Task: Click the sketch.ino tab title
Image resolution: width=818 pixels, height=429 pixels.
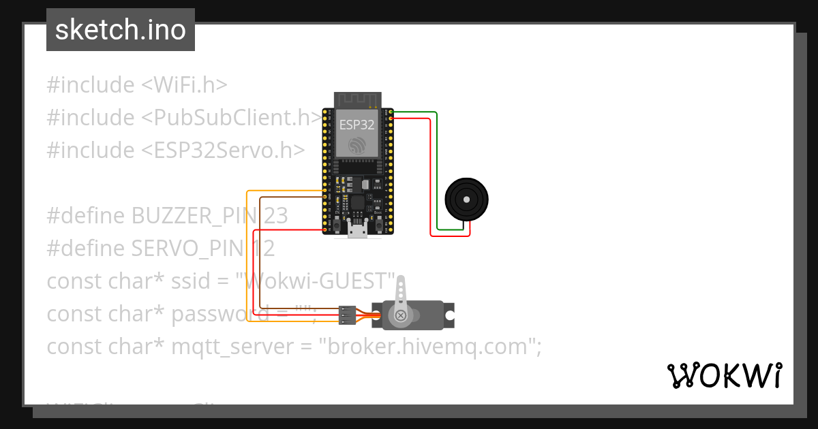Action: (120, 30)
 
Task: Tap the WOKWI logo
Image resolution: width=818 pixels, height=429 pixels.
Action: (724, 375)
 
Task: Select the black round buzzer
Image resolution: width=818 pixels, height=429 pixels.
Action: (466, 200)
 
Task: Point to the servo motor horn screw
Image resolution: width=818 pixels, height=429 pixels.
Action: (400, 315)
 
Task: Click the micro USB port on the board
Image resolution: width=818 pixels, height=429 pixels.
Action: (357, 232)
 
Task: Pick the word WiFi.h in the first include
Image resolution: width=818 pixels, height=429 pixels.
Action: (183, 85)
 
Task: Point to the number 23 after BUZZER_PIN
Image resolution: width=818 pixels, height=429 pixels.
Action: (275, 216)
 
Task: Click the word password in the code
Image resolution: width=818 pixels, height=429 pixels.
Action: (215, 314)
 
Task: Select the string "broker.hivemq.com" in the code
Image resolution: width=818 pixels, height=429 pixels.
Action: (429, 347)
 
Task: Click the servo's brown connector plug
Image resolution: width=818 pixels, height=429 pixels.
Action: (348, 315)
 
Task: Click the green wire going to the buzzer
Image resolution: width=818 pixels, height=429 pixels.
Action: (436, 170)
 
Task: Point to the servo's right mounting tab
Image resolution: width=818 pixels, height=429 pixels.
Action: (450, 315)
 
